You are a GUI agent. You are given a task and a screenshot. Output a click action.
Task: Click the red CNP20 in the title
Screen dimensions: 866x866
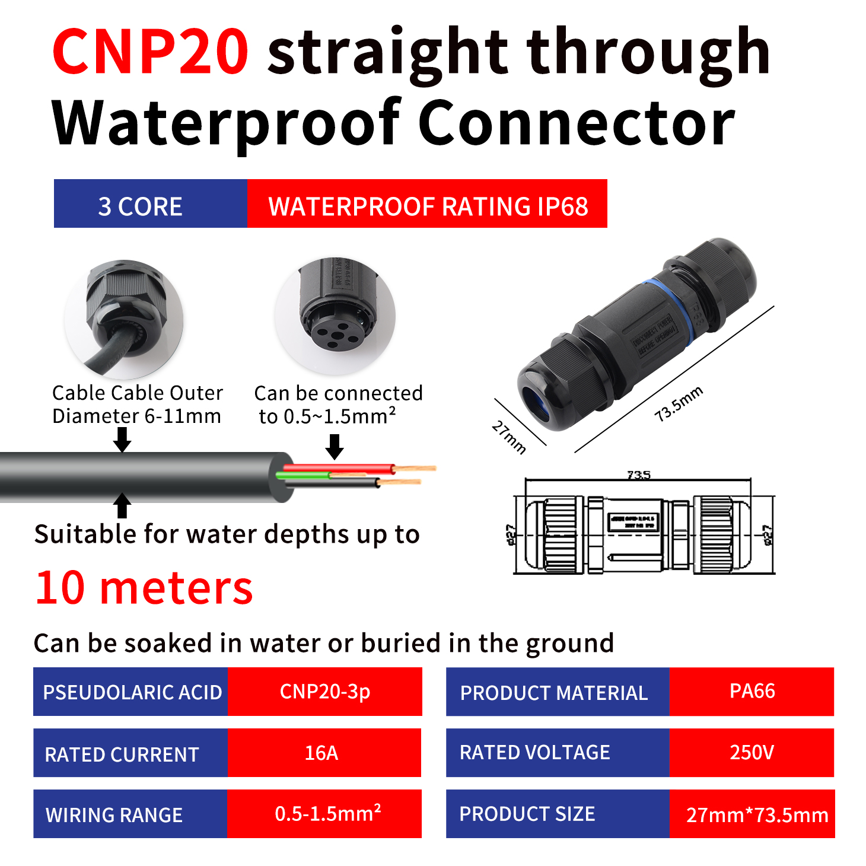[x=150, y=52]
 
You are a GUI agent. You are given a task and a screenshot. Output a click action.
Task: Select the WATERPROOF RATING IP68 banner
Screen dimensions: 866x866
[x=427, y=203]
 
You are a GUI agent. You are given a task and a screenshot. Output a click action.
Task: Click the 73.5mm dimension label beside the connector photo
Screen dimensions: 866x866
[x=679, y=404]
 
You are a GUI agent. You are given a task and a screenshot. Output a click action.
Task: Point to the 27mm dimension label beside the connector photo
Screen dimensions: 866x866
[x=509, y=437]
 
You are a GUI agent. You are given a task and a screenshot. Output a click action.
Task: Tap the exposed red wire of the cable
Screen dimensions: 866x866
[x=338, y=469]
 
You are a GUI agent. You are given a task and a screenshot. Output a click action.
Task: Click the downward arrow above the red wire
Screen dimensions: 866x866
[x=335, y=446]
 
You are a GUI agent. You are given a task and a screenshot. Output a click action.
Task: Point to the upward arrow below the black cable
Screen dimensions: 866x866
[x=122, y=505]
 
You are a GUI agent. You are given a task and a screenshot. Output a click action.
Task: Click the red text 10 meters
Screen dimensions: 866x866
[x=144, y=588]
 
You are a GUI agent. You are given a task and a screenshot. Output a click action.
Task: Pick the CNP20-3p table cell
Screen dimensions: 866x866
[x=324, y=692]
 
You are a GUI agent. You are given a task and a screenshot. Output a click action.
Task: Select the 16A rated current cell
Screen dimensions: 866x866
[x=324, y=753]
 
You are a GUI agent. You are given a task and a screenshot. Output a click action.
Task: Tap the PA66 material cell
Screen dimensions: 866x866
[x=752, y=692]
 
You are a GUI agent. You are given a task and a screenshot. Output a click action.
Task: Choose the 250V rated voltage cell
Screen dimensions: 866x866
[x=752, y=753]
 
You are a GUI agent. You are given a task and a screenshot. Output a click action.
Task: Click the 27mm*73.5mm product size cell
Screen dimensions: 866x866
[x=752, y=814]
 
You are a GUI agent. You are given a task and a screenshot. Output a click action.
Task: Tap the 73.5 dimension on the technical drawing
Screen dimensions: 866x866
[x=638, y=475]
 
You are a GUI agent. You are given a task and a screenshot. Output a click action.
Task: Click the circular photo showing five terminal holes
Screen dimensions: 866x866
[x=335, y=316]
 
